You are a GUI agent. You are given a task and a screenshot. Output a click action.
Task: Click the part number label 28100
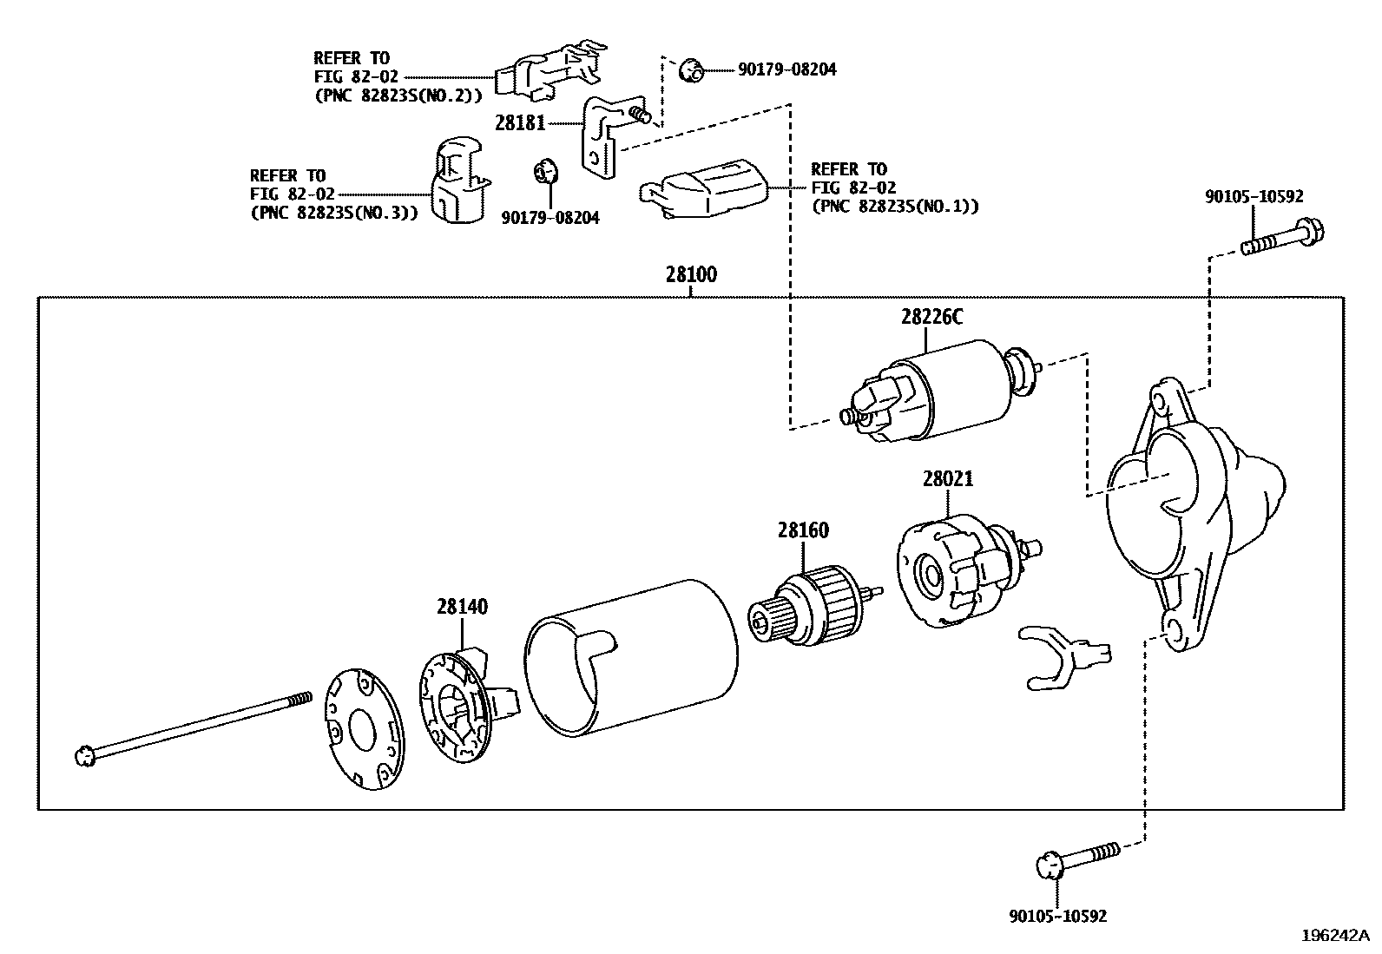pos(691,275)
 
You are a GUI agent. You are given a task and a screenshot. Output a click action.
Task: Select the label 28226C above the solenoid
pos(931,318)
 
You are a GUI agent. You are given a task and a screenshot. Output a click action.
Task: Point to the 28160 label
pos(803,530)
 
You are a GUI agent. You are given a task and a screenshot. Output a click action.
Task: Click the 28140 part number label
pos(462,608)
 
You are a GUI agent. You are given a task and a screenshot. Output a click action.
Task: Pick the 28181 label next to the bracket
pos(520,123)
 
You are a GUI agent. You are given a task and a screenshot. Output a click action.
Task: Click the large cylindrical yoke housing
pos(631,660)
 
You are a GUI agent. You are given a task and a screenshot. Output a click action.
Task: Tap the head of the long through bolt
pos(85,756)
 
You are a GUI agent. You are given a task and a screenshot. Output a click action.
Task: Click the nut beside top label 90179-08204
pos(690,69)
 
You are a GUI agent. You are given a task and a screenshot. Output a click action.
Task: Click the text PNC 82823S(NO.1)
pos(895,207)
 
